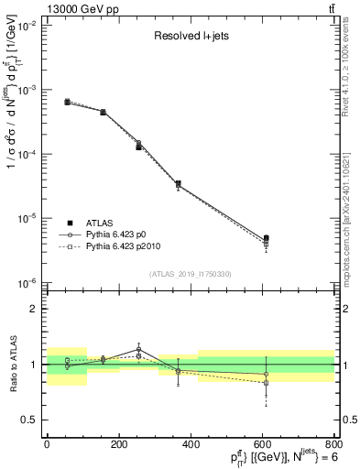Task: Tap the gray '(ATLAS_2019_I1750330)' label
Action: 190,273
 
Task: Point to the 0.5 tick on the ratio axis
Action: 27,420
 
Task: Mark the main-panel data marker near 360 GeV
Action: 178,183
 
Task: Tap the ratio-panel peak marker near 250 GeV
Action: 138,349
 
